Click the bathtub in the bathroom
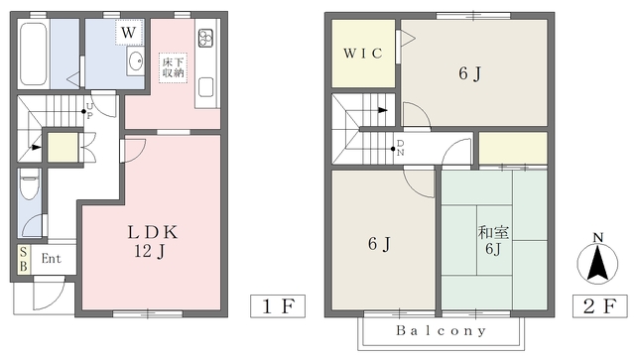tap(34, 54)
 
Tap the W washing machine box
tap(129, 32)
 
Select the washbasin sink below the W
tap(135, 61)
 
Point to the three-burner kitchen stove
tap(205, 38)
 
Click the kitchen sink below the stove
tap(205, 87)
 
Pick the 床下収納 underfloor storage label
tap(173, 67)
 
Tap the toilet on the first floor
tap(29, 184)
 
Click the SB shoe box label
tap(24, 259)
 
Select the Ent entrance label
tap(52, 259)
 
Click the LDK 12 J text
tap(152, 242)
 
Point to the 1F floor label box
tap(278, 305)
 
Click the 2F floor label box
tap(599, 305)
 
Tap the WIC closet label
tap(363, 53)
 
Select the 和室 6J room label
tap(493, 240)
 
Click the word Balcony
tap(441, 331)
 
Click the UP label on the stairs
tap(89, 110)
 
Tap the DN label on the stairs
tap(400, 148)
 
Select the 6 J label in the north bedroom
tap(469, 73)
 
